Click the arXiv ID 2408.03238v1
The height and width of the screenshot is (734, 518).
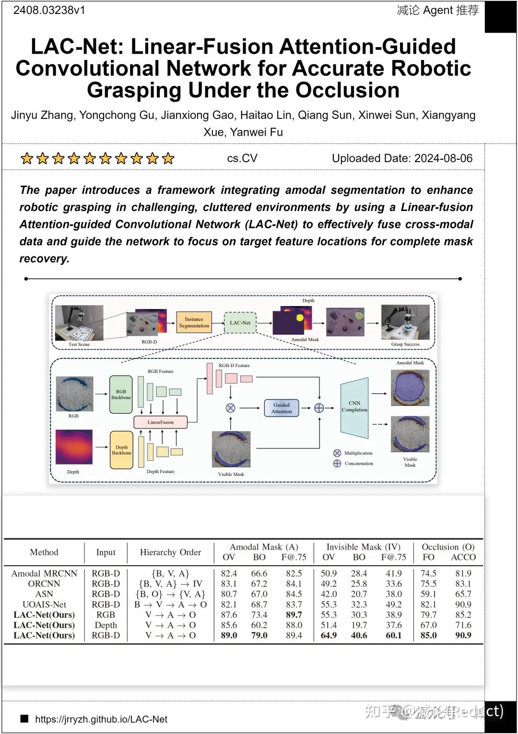point(49,10)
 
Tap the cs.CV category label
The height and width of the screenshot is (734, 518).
point(242,158)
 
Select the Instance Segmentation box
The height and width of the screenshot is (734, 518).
point(194,322)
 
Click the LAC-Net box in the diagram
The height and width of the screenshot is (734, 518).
point(240,323)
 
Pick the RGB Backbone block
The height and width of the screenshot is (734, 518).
point(121,394)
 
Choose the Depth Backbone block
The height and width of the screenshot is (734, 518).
point(121,450)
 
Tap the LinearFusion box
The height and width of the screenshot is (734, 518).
point(160,422)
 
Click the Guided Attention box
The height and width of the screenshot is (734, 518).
point(282,408)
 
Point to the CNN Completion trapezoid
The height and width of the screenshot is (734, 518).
point(354,408)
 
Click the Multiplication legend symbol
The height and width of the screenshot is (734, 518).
point(337,453)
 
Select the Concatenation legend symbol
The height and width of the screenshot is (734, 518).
point(337,463)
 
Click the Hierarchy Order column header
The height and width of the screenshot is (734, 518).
point(170,552)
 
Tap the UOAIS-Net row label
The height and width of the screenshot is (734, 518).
point(44,604)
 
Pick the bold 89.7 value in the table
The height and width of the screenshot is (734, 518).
point(294,615)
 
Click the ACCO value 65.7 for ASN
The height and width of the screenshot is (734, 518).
point(463,594)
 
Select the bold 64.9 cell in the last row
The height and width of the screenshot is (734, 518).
point(329,635)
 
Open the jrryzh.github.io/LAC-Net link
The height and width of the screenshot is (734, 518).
point(101,719)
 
